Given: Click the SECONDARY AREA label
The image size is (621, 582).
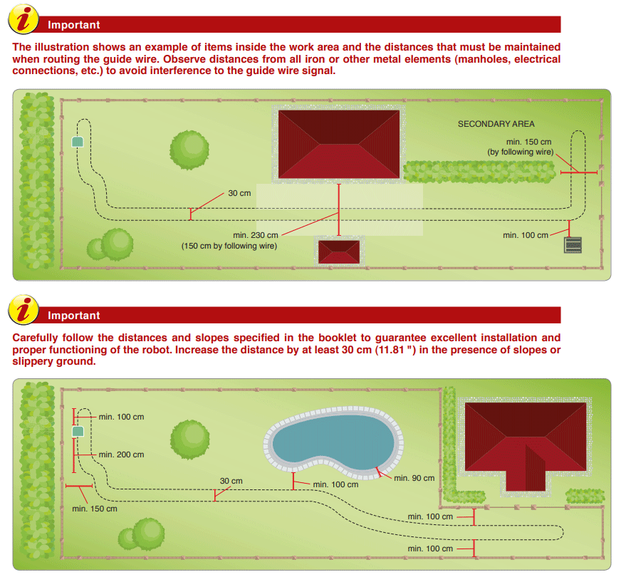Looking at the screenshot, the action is click(x=496, y=124).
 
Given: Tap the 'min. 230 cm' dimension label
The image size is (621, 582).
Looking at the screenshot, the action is click(x=256, y=235).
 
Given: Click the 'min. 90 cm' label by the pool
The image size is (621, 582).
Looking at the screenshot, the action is click(x=414, y=478).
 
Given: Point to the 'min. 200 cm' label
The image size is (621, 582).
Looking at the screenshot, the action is click(x=121, y=454).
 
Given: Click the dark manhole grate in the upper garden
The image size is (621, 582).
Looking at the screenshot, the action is click(x=573, y=245).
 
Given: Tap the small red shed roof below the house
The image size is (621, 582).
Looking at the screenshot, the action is click(x=339, y=251).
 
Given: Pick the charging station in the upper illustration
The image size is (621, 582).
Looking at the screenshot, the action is click(x=78, y=142).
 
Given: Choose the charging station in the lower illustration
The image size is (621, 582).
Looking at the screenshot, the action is click(x=78, y=432).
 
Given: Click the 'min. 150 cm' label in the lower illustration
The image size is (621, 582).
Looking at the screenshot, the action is click(x=95, y=509).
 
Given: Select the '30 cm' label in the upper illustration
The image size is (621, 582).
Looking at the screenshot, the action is click(x=239, y=193).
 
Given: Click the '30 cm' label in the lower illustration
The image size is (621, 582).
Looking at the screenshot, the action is click(x=231, y=481).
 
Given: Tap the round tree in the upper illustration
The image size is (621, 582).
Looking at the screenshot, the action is click(x=189, y=150).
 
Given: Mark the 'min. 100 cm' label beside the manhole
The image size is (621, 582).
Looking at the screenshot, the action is click(x=526, y=235).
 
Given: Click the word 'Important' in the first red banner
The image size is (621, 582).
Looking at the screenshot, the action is click(x=73, y=24).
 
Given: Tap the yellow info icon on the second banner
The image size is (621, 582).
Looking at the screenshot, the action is click(x=24, y=310).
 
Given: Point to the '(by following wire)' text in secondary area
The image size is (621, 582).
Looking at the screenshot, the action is click(x=521, y=152).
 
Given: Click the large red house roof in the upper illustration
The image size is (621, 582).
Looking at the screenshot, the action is click(x=339, y=144).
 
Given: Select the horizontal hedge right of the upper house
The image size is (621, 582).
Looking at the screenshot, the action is click(x=479, y=172).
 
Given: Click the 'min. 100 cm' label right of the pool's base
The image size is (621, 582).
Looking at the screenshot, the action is click(x=335, y=484).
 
